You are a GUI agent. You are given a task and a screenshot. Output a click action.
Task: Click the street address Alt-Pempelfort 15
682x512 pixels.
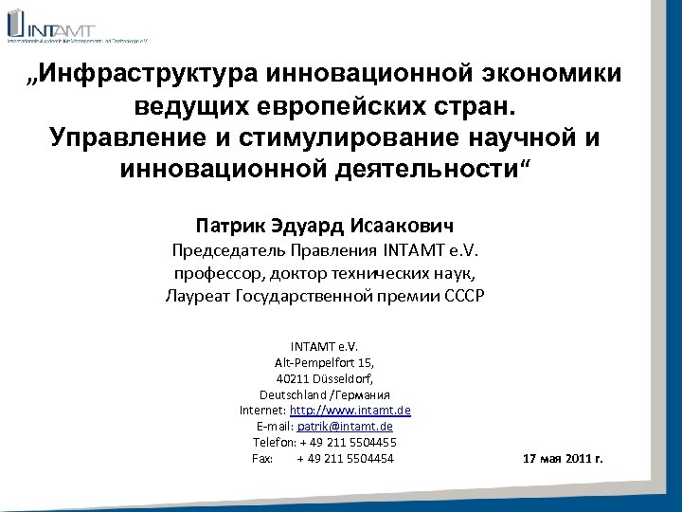click(x=325, y=362)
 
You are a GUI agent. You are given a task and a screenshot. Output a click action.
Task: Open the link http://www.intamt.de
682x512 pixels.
click(x=350, y=411)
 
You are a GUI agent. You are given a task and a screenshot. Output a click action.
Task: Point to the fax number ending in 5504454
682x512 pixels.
click(x=345, y=459)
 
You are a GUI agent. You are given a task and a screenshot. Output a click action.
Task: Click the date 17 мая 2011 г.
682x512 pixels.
click(x=563, y=460)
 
